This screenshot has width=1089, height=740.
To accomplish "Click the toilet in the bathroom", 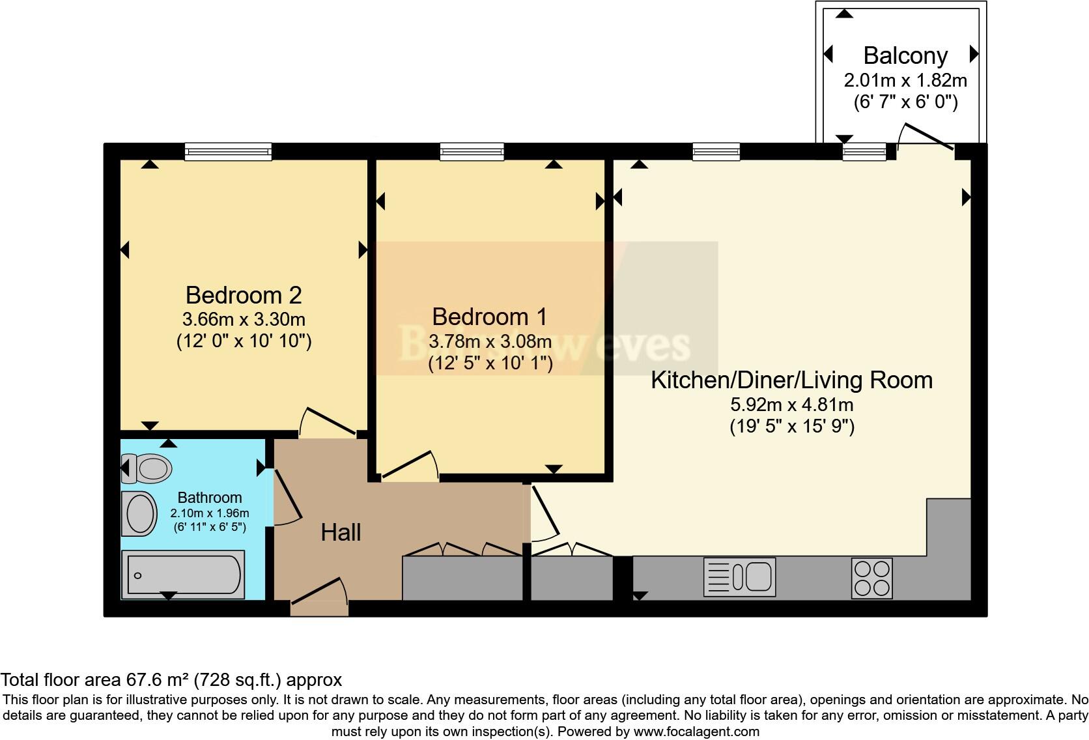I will (x=148, y=468).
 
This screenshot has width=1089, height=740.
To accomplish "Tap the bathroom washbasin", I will (x=139, y=513).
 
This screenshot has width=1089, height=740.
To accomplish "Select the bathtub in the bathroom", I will (x=184, y=575).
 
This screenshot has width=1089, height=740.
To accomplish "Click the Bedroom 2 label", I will (x=244, y=295).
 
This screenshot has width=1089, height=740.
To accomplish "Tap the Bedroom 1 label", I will (x=490, y=317).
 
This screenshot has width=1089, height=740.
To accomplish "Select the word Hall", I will (x=341, y=533).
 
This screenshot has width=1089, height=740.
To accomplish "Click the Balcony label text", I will (x=905, y=56).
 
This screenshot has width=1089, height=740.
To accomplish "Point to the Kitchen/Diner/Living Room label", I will (x=791, y=380).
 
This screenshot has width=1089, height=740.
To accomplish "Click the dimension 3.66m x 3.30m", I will (x=244, y=320).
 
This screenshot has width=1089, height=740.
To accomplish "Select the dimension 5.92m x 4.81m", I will (x=791, y=405).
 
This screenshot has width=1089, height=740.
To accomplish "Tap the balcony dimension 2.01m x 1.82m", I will (x=905, y=81).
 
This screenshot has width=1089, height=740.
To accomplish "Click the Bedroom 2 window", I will (x=228, y=152).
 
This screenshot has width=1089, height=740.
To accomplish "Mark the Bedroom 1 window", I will (x=472, y=152).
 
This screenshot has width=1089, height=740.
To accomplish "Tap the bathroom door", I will (x=285, y=496).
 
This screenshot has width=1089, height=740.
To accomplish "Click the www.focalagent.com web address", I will (x=696, y=732).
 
